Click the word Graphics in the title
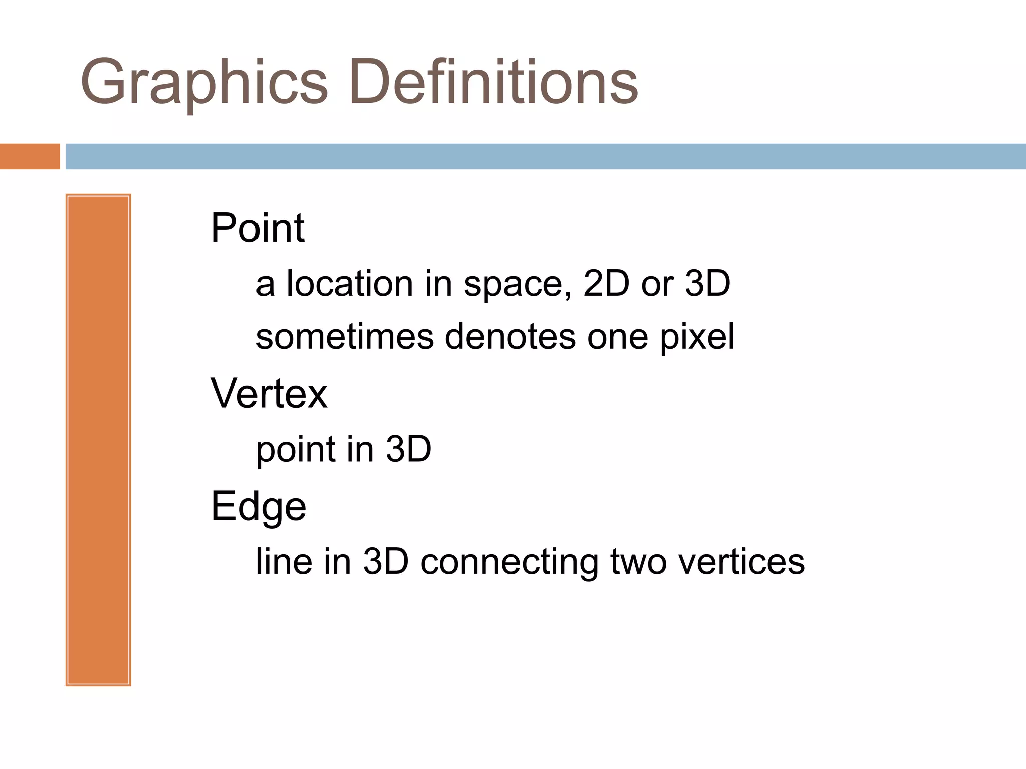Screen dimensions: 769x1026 point(203,83)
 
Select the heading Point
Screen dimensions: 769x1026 point(258,228)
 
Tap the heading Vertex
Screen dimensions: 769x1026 point(269,394)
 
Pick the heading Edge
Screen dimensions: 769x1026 point(259,506)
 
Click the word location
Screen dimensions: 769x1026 point(350,283)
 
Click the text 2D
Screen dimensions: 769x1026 point(606,283)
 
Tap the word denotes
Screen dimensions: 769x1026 point(510,337)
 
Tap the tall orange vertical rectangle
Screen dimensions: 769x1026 point(98,440)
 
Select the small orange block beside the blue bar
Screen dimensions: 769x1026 point(30,156)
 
